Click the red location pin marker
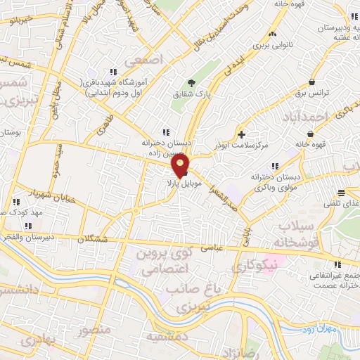click(181, 165)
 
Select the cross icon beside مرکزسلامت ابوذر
click(241, 134)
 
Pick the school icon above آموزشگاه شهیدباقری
click(112, 72)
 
